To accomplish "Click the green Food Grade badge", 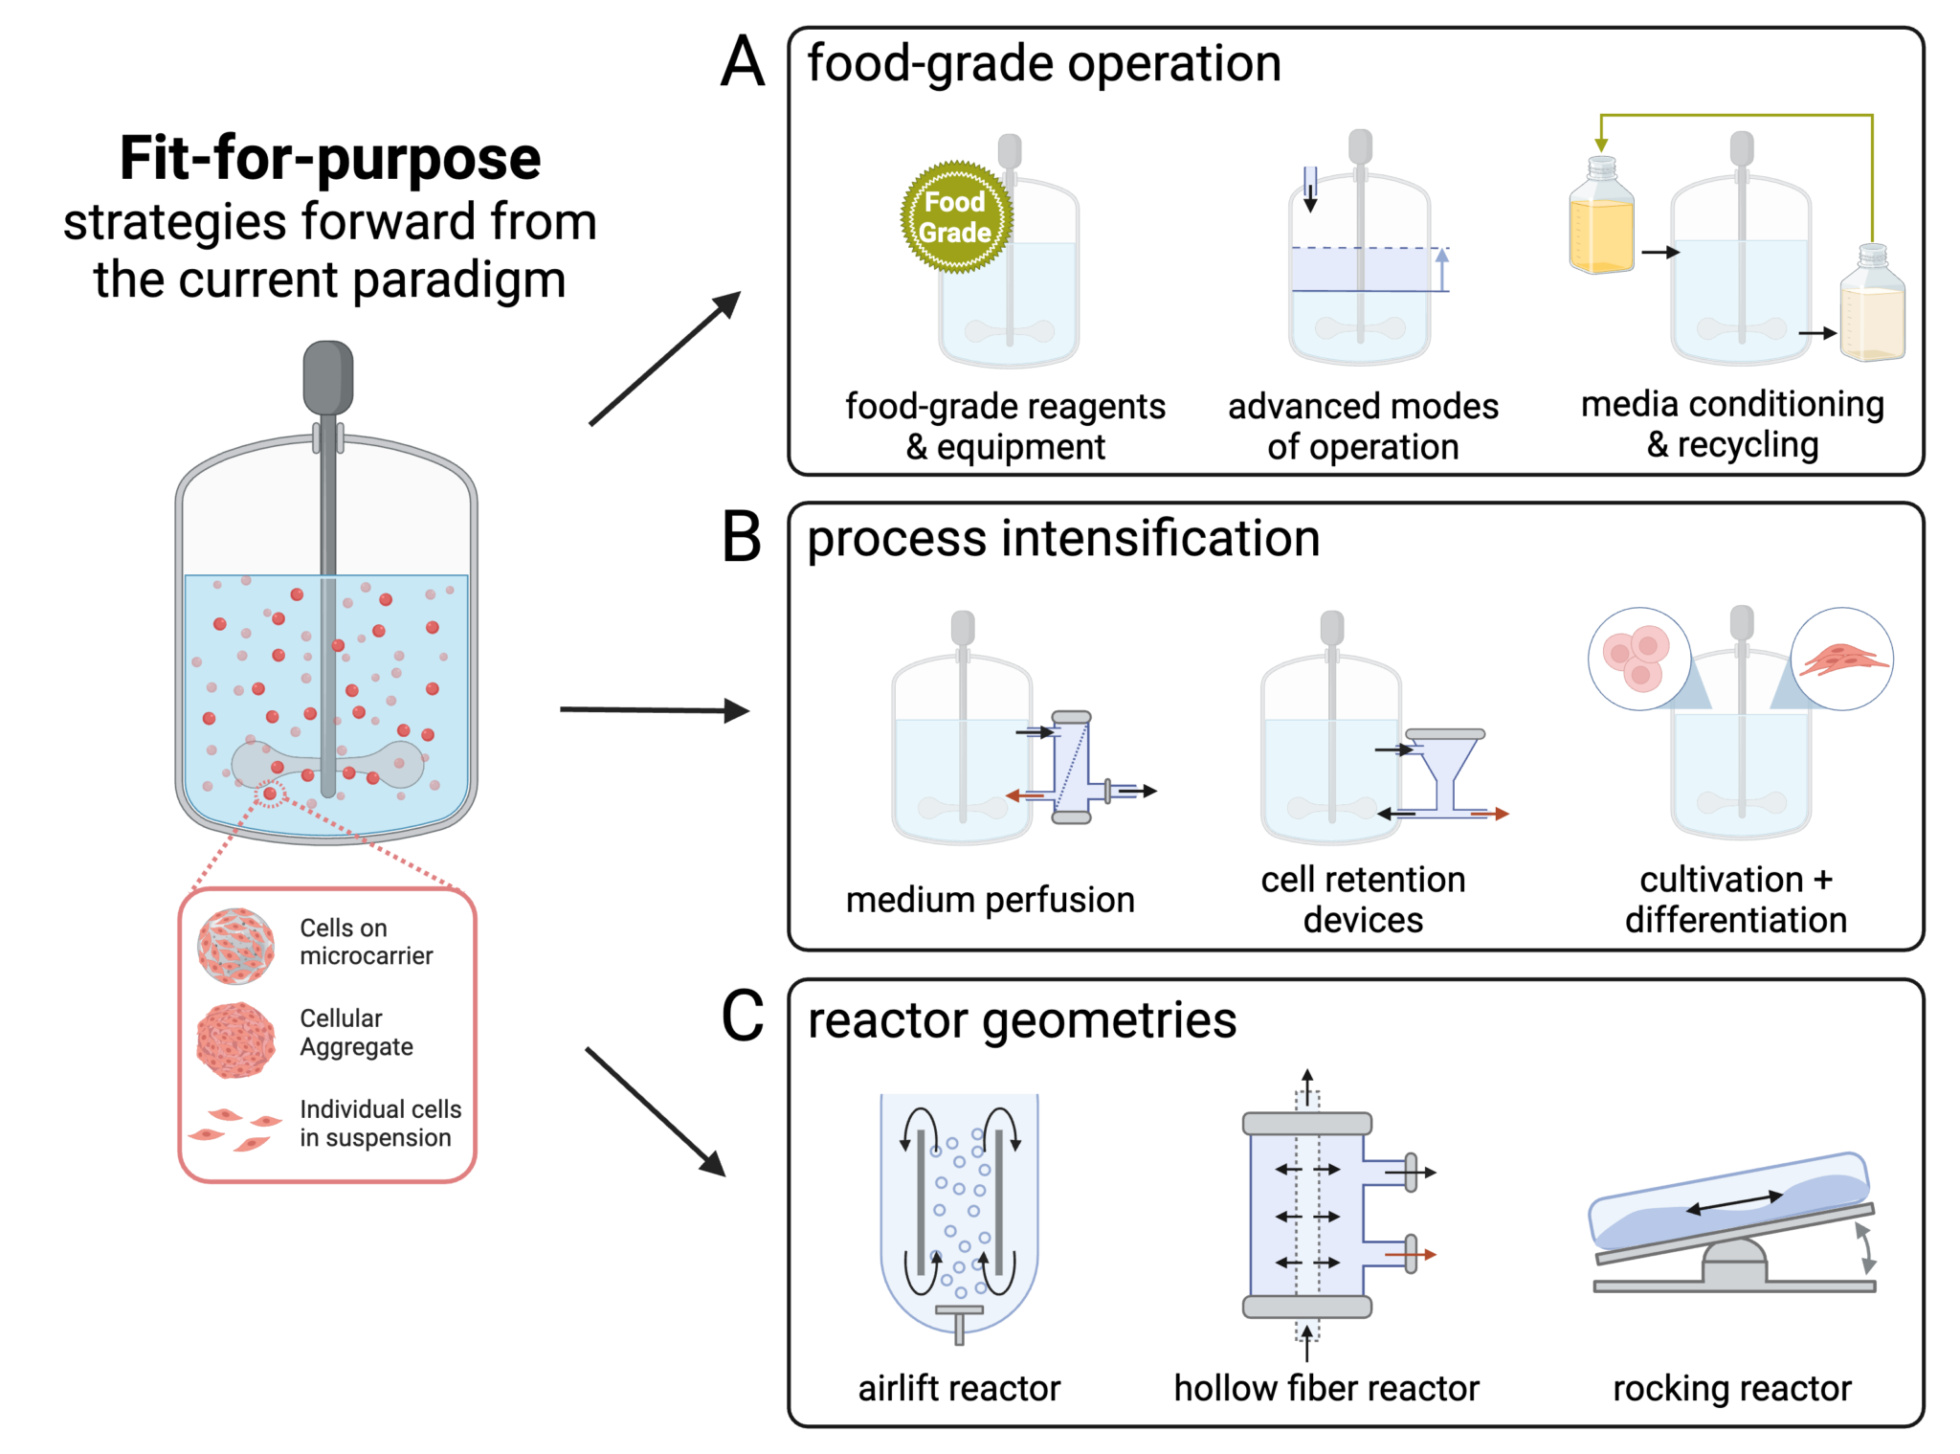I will (x=955, y=217).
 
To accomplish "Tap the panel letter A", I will (x=743, y=63).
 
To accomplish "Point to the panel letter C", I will (x=742, y=1017).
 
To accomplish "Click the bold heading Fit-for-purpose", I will (x=330, y=158).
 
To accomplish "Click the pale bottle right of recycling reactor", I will (x=1872, y=306).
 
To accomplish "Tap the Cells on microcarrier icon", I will (x=235, y=946).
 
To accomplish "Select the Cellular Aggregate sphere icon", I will (x=235, y=1040).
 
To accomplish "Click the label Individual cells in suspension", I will (x=380, y=1123).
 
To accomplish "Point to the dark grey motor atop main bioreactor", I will (x=328, y=377).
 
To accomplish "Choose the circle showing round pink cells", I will (x=1639, y=659).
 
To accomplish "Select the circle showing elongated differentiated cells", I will (x=1841, y=659).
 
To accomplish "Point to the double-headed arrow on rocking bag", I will (x=1734, y=1203).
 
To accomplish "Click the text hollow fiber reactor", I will (x=1326, y=1388).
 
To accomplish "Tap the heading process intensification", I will (x=1062, y=538).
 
